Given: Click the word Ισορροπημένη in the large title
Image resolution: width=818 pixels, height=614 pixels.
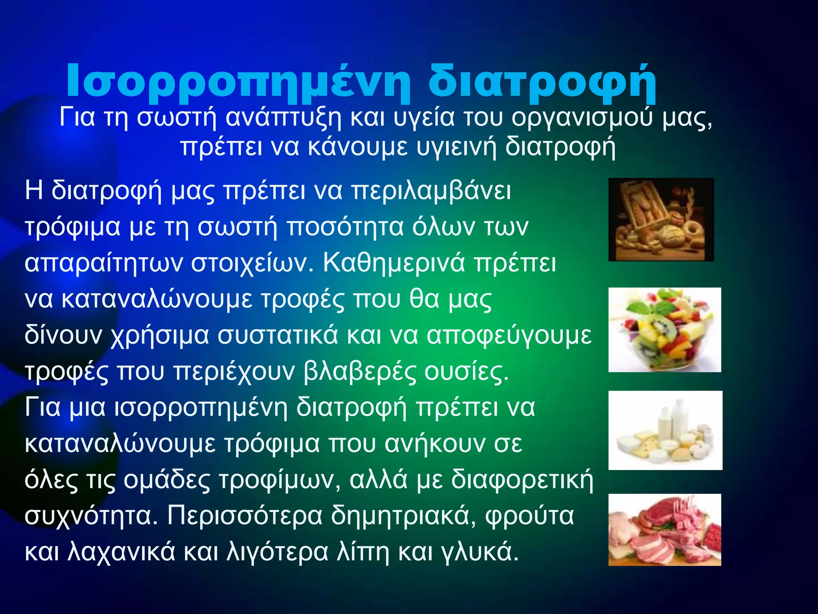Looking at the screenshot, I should coord(238,82).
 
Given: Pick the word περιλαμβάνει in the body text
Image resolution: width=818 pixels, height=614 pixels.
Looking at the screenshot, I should coord(431,191).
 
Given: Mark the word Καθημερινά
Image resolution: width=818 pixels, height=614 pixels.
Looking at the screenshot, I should coord(393,263).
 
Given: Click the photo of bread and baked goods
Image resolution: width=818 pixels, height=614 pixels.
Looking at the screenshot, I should coord(661,219).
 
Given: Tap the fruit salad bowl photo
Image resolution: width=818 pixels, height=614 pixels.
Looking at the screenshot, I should coord(665,330).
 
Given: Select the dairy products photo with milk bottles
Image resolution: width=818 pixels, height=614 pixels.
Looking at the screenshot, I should coord(665,430).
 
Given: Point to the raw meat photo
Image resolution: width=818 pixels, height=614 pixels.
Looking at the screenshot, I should coord(665,530).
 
